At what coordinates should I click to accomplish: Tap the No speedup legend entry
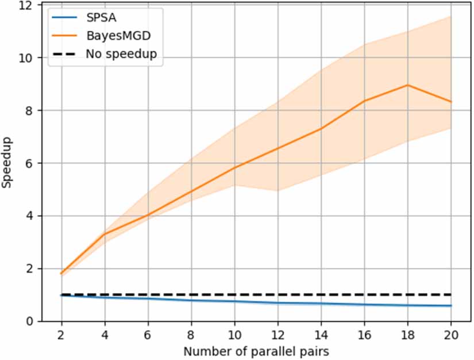(121, 54)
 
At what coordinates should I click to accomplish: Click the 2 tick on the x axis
(61, 334)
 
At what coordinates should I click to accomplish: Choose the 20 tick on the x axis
(451, 334)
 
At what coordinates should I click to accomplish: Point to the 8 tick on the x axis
(191, 334)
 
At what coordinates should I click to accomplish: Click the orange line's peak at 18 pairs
(408, 85)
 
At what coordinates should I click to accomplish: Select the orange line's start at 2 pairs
(61, 274)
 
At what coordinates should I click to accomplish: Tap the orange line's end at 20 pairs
(451, 102)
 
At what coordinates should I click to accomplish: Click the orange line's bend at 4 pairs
(105, 233)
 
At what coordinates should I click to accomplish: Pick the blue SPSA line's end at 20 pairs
(451, 305)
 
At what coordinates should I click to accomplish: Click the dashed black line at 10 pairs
(234, 295)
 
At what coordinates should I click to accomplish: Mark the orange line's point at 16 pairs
(364, 101)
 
